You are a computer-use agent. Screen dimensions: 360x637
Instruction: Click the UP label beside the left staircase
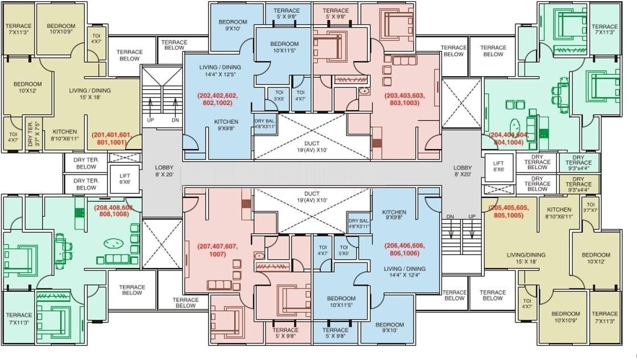point(151,120)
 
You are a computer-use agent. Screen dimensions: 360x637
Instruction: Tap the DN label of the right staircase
point(450,217)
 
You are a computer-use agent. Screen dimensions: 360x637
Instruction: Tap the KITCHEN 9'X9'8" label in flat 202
point(226,125)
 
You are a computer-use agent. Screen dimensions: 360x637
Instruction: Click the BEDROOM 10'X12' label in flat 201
point(28,87)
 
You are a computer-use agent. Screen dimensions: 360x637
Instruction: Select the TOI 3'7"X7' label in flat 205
point(591,207)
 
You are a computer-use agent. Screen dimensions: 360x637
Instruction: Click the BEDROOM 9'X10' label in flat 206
point(390,328)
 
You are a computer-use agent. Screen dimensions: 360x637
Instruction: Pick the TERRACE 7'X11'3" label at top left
point(18,30)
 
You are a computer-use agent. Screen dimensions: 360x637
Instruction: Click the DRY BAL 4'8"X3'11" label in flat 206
point(359,223)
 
